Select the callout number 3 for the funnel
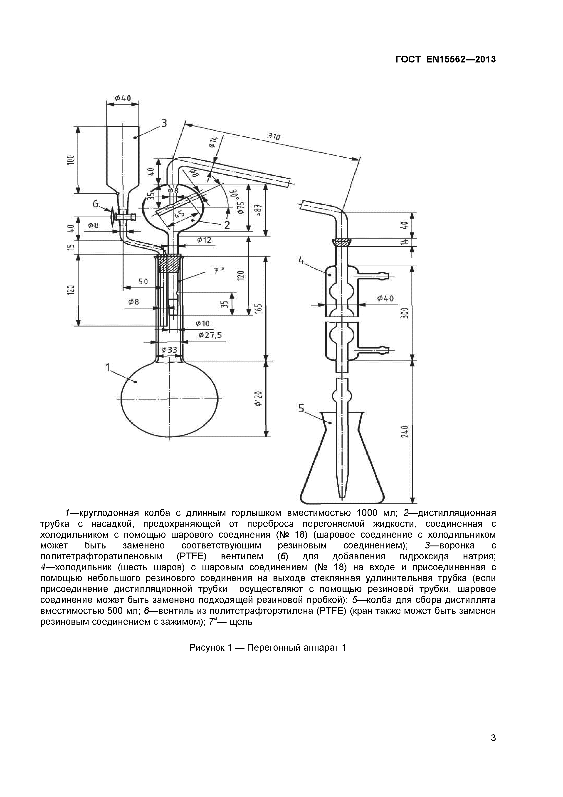tap(164, 123)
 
